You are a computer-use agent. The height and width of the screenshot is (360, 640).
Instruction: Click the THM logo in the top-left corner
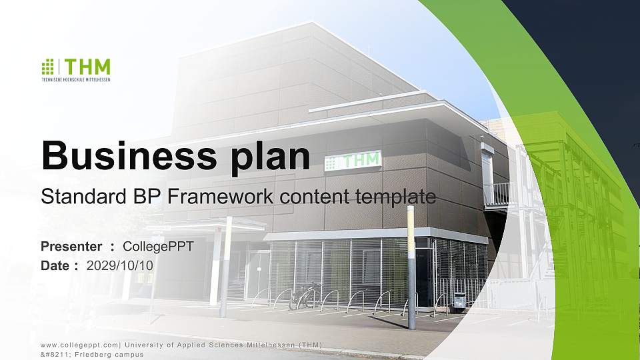[76, 69]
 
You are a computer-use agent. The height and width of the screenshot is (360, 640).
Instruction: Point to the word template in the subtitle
[396, 197]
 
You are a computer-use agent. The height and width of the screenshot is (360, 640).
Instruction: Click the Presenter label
[71, 247]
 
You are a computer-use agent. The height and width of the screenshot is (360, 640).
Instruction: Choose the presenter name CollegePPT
[158, 247]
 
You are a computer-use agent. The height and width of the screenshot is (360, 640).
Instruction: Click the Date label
[56, 265]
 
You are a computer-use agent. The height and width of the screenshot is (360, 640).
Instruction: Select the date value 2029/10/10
[120, 265]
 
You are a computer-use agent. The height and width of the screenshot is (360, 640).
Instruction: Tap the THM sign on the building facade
[353, 160]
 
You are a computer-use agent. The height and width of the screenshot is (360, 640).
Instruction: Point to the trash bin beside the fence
[459, 302]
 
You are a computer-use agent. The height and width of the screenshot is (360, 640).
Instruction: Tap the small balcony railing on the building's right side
[496, 194]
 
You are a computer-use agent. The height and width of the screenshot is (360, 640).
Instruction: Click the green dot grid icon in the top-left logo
[47, 66]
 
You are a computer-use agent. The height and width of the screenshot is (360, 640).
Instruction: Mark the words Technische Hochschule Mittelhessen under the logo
[76, 79]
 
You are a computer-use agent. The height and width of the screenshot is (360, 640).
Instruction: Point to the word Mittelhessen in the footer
[264, 344]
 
